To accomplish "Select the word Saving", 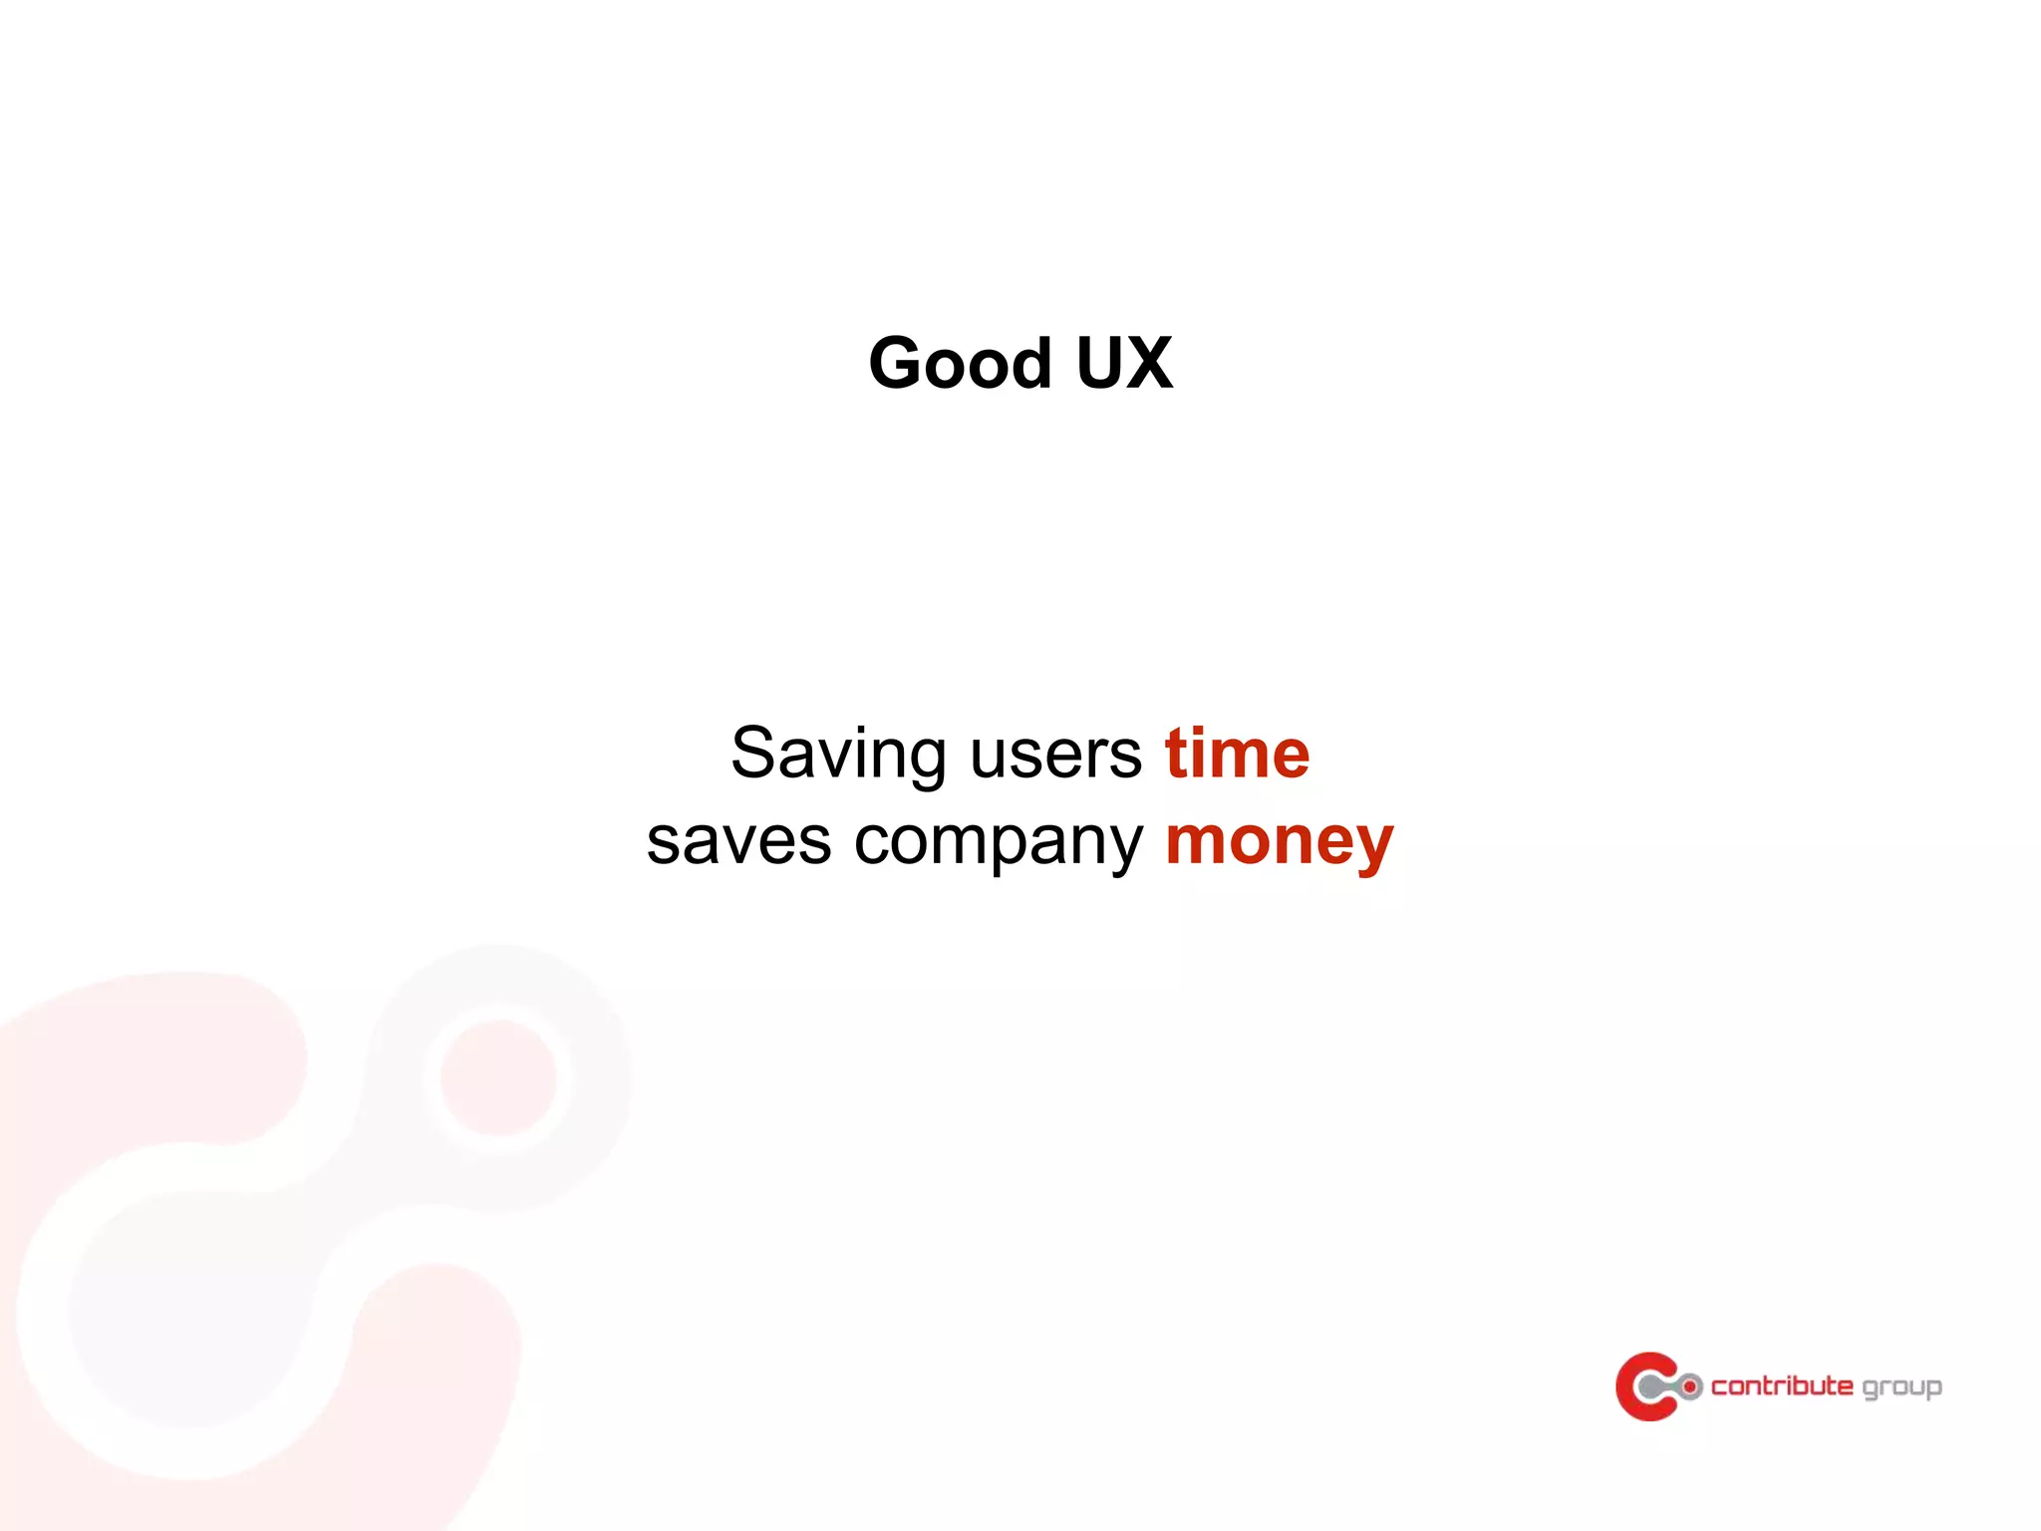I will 837,755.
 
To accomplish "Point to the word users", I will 1055,755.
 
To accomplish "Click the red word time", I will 1237,755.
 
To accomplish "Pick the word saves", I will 738,842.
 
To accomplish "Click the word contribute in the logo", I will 1782,1385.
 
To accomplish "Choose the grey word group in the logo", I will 1901,1387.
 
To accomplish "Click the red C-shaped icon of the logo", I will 1634,1385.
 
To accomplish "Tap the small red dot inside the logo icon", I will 1690,1386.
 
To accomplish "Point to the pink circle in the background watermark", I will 498,1076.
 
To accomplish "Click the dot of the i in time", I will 1199,730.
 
